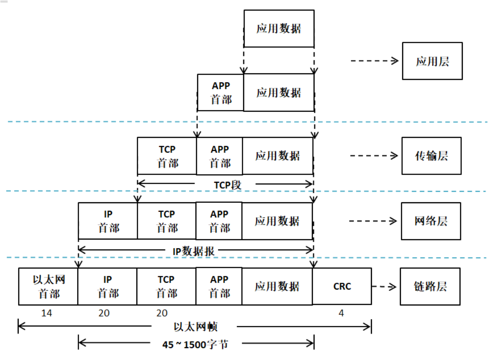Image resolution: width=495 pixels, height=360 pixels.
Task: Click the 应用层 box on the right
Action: [x=432, y=61]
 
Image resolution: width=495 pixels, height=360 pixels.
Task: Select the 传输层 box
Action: [x=431, y=155]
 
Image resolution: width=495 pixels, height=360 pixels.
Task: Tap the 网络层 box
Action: [x=430, y=221]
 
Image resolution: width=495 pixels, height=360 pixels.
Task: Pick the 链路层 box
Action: [x=430, y=286]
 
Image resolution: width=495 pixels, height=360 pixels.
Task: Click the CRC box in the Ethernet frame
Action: [x=342, y=286]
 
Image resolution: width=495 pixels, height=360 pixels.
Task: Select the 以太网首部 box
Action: [x=48, y=286]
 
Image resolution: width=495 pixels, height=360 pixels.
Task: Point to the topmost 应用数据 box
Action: [x=279, y=29]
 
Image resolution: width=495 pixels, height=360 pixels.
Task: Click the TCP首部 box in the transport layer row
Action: [x=167, y=156]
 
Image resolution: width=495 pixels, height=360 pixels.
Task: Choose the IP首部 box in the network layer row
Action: [x=108, y=221]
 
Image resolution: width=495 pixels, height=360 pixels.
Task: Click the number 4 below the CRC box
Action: [x=341, y=313]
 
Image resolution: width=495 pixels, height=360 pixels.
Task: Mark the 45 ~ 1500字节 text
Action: [x=195, y=345]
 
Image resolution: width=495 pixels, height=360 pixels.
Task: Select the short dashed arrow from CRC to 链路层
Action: [x=385, y=286]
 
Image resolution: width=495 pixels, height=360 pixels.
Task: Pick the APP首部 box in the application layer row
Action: [x=220, y=93]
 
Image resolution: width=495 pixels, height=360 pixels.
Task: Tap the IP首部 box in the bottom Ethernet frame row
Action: [x=107, y=286]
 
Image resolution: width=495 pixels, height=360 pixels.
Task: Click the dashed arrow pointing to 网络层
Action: [x=373, y=221]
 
